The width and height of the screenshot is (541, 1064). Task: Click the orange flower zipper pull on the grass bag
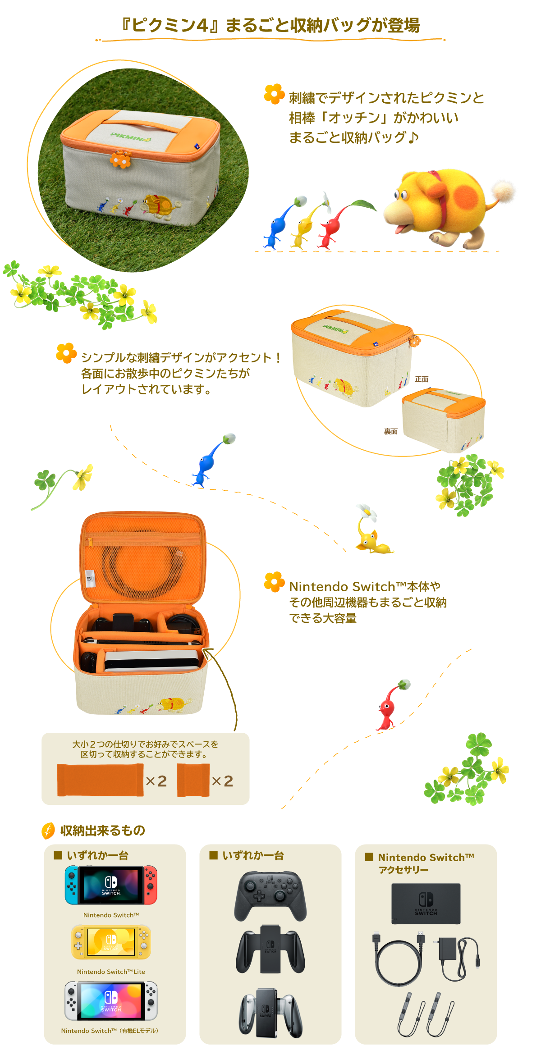coord(120,160)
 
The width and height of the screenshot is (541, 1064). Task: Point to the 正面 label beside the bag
coord(422,379)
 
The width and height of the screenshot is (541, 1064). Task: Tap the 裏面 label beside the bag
coord(390,432)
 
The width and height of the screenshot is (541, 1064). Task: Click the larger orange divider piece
coord(100,780)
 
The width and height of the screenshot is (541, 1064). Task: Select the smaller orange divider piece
coord(193,780)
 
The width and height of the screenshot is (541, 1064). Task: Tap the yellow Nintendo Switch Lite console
coord(111,942)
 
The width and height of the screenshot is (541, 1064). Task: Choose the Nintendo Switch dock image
coord(426,903)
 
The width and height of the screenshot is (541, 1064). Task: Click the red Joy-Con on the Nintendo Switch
coord(151,885)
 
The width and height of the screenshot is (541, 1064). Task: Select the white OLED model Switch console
coord(111,1001)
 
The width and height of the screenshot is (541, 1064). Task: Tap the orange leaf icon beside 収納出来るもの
coord(48,830)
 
